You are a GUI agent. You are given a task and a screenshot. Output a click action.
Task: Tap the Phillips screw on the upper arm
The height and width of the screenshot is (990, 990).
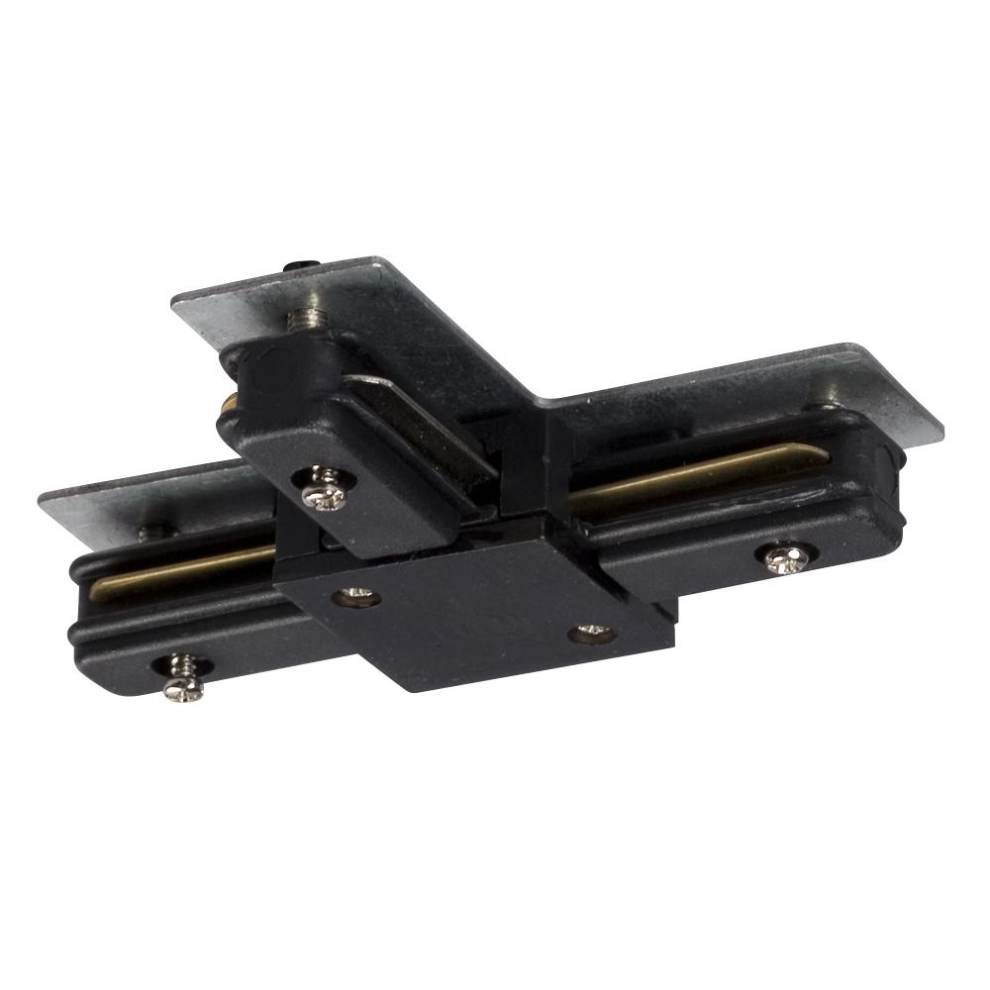point(323,490)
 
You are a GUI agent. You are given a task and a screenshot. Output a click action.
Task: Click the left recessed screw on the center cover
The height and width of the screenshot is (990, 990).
point(355,596)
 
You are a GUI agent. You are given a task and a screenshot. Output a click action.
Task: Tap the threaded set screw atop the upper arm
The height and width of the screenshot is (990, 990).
point(309,319)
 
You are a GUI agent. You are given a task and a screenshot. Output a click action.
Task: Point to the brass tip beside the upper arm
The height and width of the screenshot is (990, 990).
point(229,403)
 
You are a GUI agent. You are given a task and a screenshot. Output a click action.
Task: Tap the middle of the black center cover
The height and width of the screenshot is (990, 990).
point(475,619)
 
